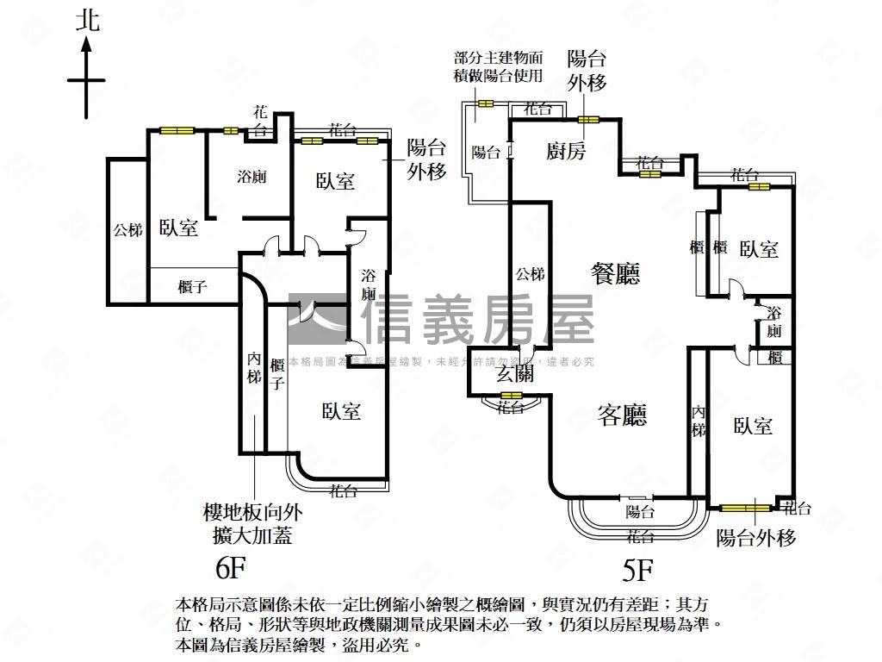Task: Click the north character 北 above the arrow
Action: [87, 21]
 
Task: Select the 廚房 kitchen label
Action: [566, 152]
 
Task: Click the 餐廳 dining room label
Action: [615, 274]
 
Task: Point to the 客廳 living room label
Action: [622, 415]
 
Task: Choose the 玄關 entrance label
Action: [515, 373]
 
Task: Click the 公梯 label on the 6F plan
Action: [127, 230]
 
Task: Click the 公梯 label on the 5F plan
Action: [530, 275]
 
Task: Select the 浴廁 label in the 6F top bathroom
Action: [252, 177]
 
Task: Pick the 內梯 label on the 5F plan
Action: [699, 422]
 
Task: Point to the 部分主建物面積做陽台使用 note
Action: [500, 66]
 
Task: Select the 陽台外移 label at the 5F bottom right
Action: [756, 538]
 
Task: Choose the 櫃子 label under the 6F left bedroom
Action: [192, 287]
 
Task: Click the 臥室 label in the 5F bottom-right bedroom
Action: [753, 425]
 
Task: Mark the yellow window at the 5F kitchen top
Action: [588, 119]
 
